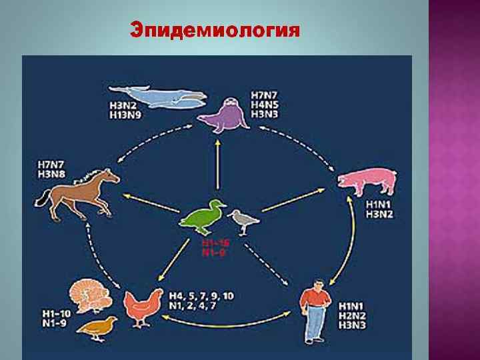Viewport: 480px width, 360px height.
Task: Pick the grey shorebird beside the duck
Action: [x=243, y=219]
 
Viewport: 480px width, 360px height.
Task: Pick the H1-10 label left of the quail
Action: [x=52, y=314]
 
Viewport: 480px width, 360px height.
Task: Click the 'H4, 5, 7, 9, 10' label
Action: [x=200, y=295]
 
